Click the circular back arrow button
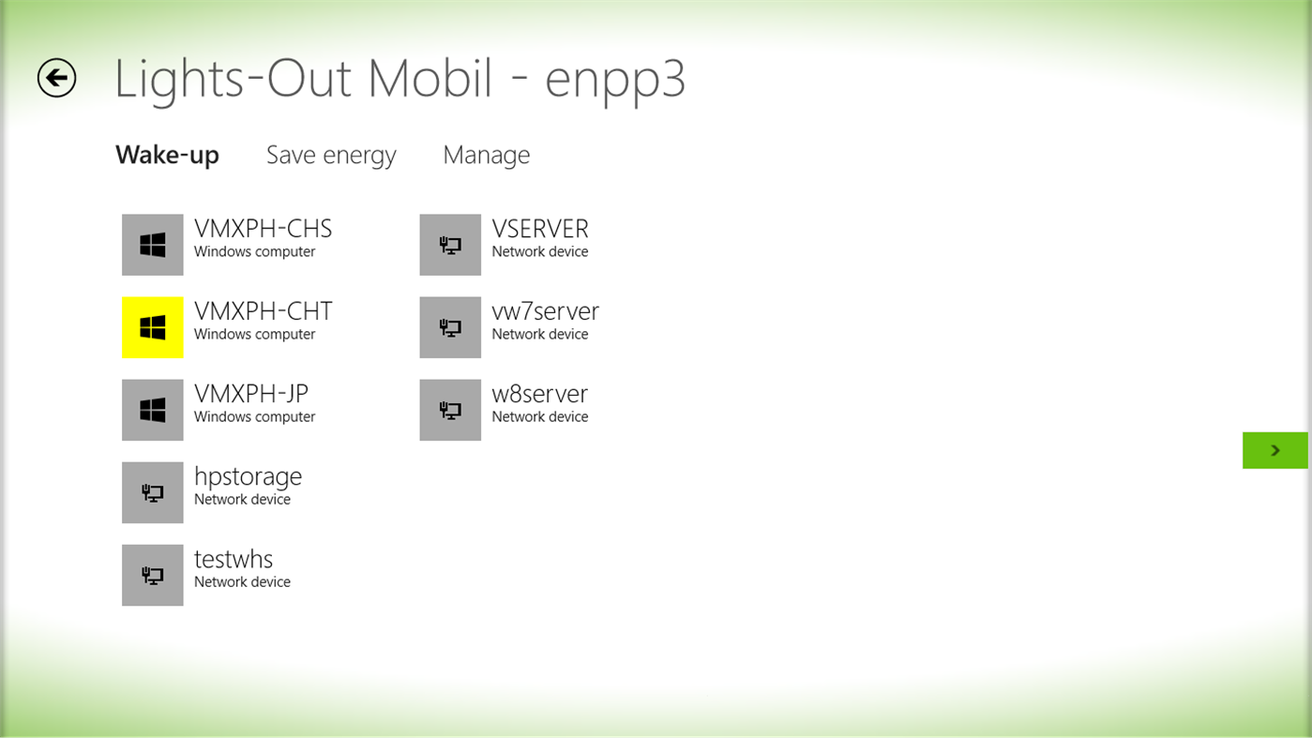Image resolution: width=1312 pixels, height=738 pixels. [x=56, y=78]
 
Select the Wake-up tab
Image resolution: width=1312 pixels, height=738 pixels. [x=167, y=155]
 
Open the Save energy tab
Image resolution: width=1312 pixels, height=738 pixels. [x=331, y=155]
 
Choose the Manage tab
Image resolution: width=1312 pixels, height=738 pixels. [x=486, y=155]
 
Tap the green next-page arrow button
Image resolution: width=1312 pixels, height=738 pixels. [x=1274, y=450]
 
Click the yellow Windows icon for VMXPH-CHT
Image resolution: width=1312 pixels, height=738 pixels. [x=153, y=327]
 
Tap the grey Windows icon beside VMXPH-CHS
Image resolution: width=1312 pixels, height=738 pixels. [x=153, y=245]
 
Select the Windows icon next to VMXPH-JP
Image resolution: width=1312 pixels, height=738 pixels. [x=153, y=410]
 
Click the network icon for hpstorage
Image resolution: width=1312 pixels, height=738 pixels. [x=153, y=492]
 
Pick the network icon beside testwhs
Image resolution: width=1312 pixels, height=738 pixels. [x=153, y=575]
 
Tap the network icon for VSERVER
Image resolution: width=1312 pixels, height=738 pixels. [x=450, y=245]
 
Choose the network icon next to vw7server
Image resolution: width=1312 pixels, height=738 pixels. [x=450, y=327]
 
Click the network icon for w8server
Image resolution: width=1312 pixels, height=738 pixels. [x=450, y=410]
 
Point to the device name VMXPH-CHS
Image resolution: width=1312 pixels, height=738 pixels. [x=263, y=229]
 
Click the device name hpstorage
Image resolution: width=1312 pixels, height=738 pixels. [x=248, y=476]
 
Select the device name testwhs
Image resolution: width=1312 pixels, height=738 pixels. [x=234, y=559]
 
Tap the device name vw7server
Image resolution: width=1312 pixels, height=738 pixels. [x=545, y=311]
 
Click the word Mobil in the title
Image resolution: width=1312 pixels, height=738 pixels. [x=430, y=79]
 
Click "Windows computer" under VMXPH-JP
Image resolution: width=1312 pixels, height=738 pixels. [x=254, y=417]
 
